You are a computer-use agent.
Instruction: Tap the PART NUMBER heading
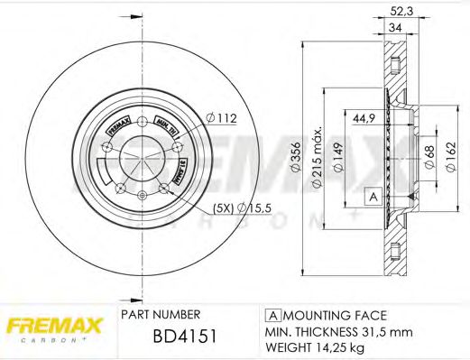coord(161,315)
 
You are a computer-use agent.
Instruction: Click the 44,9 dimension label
coord(364,117)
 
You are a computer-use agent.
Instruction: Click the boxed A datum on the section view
coord(371,196)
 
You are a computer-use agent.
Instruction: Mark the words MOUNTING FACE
coord(333,315)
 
